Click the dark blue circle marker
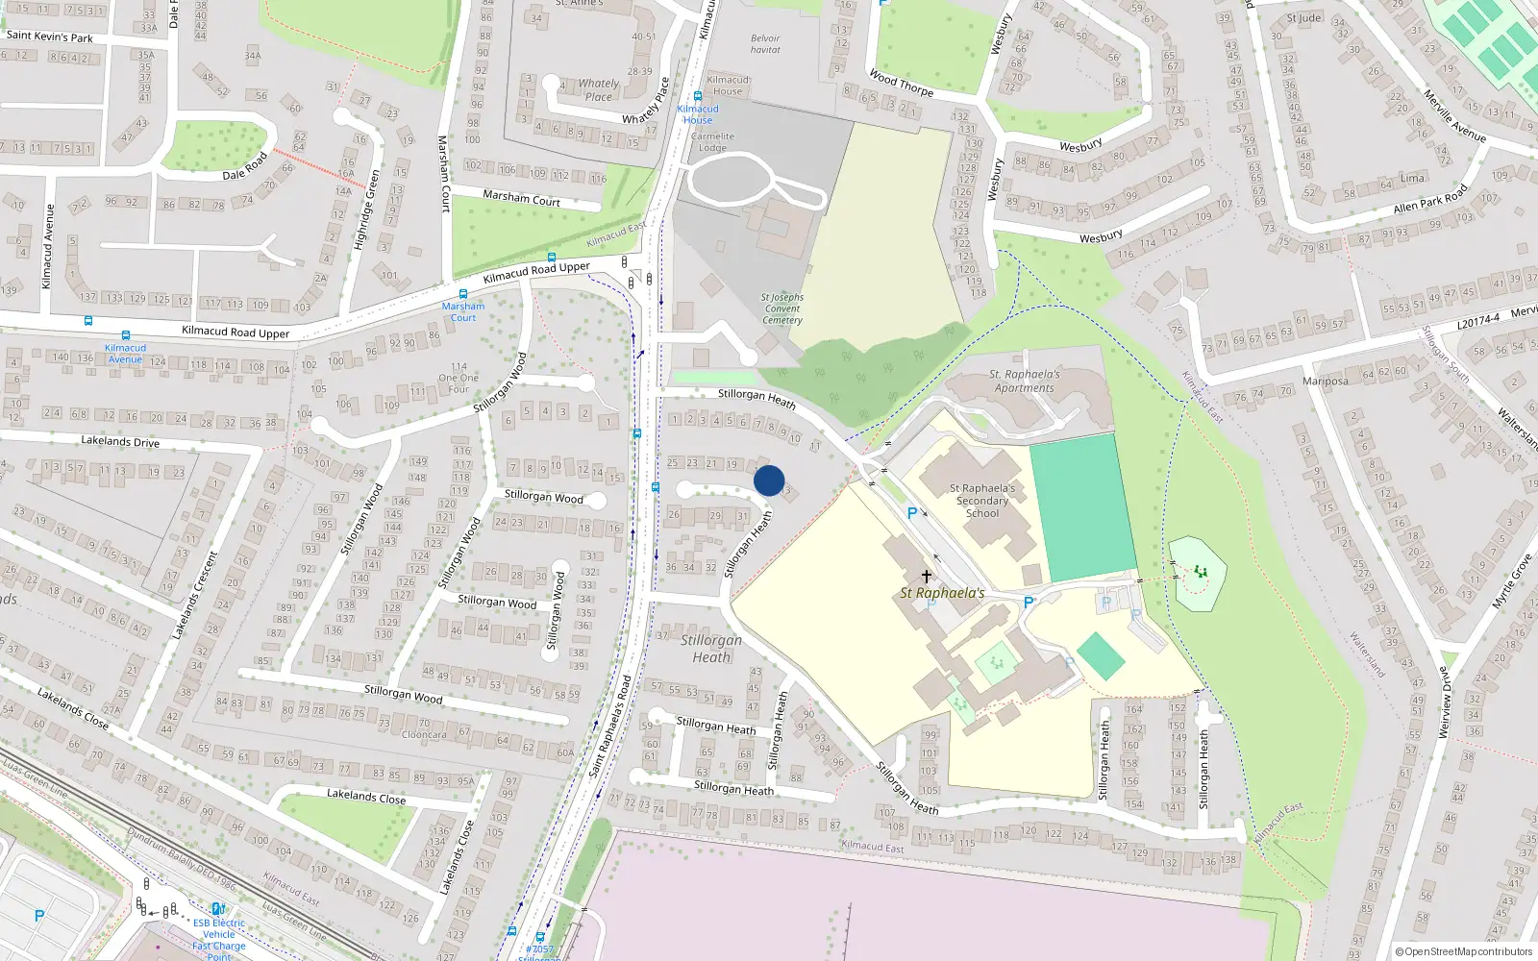click(769, 480)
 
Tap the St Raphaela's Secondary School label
click(981, 501)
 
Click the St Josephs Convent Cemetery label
click(782, 308)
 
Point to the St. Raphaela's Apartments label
click(1024, 382)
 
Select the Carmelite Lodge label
click(712, 142)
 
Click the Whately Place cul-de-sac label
click(598, 89)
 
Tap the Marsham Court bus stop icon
click(463, 294)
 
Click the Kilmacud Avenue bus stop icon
click(88, 322)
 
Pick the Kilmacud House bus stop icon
click(698, 95)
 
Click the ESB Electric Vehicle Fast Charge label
click(219, 934)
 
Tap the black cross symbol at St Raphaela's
click(927, 577)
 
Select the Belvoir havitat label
click(765, 44)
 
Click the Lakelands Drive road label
click(120, 441)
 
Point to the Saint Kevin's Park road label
click(50, 37)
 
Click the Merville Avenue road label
click(1454, 116)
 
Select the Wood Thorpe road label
click(901, 84)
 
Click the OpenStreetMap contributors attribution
click(1463, 951)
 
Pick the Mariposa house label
click(1326, 382)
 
